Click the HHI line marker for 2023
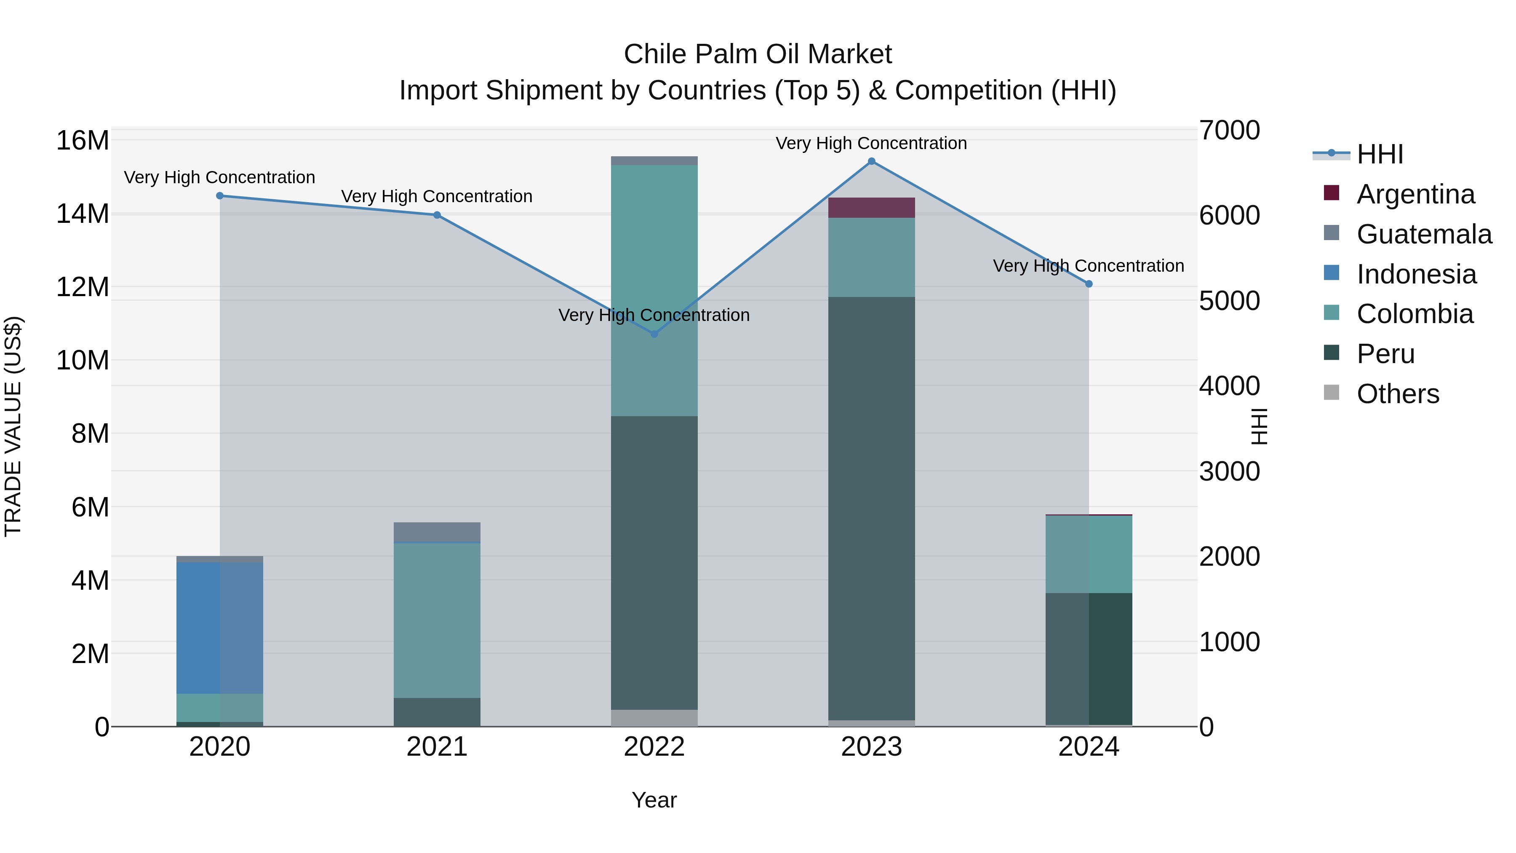point(872,161)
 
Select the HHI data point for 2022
point(654,334)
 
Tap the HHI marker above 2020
point(219,195)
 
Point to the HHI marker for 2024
point(1089,284)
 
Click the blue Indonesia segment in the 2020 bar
point(219,628)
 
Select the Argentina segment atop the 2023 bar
point(872,208)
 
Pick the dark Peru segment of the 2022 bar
point(654,562)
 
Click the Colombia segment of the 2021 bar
point(437,620)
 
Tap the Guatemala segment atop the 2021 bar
point(437,532)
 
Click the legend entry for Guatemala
point(1424,234)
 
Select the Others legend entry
point(1398,394)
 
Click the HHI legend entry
point(1380,154)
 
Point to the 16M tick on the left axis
point(83,141)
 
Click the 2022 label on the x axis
point(654,747)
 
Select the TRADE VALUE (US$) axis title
point(13,426)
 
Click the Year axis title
point(654,800)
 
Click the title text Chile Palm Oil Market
point(758,54)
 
